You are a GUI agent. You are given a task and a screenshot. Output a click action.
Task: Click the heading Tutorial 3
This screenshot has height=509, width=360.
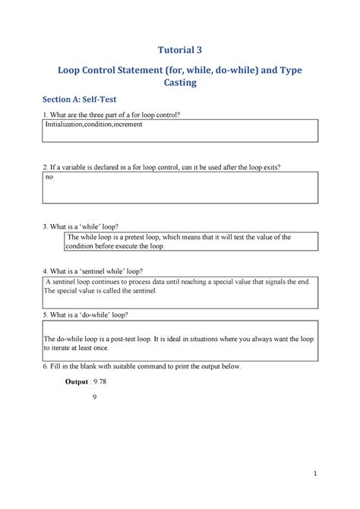point(180,51)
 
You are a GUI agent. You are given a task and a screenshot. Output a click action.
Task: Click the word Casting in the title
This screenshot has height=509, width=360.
point(180,83)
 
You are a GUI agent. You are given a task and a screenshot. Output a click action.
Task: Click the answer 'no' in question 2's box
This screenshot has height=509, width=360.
point(49,176)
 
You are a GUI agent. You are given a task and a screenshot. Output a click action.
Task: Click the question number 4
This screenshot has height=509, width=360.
point(45,271)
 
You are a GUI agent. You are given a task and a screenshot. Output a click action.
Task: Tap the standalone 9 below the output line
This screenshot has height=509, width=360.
point(92,396)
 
